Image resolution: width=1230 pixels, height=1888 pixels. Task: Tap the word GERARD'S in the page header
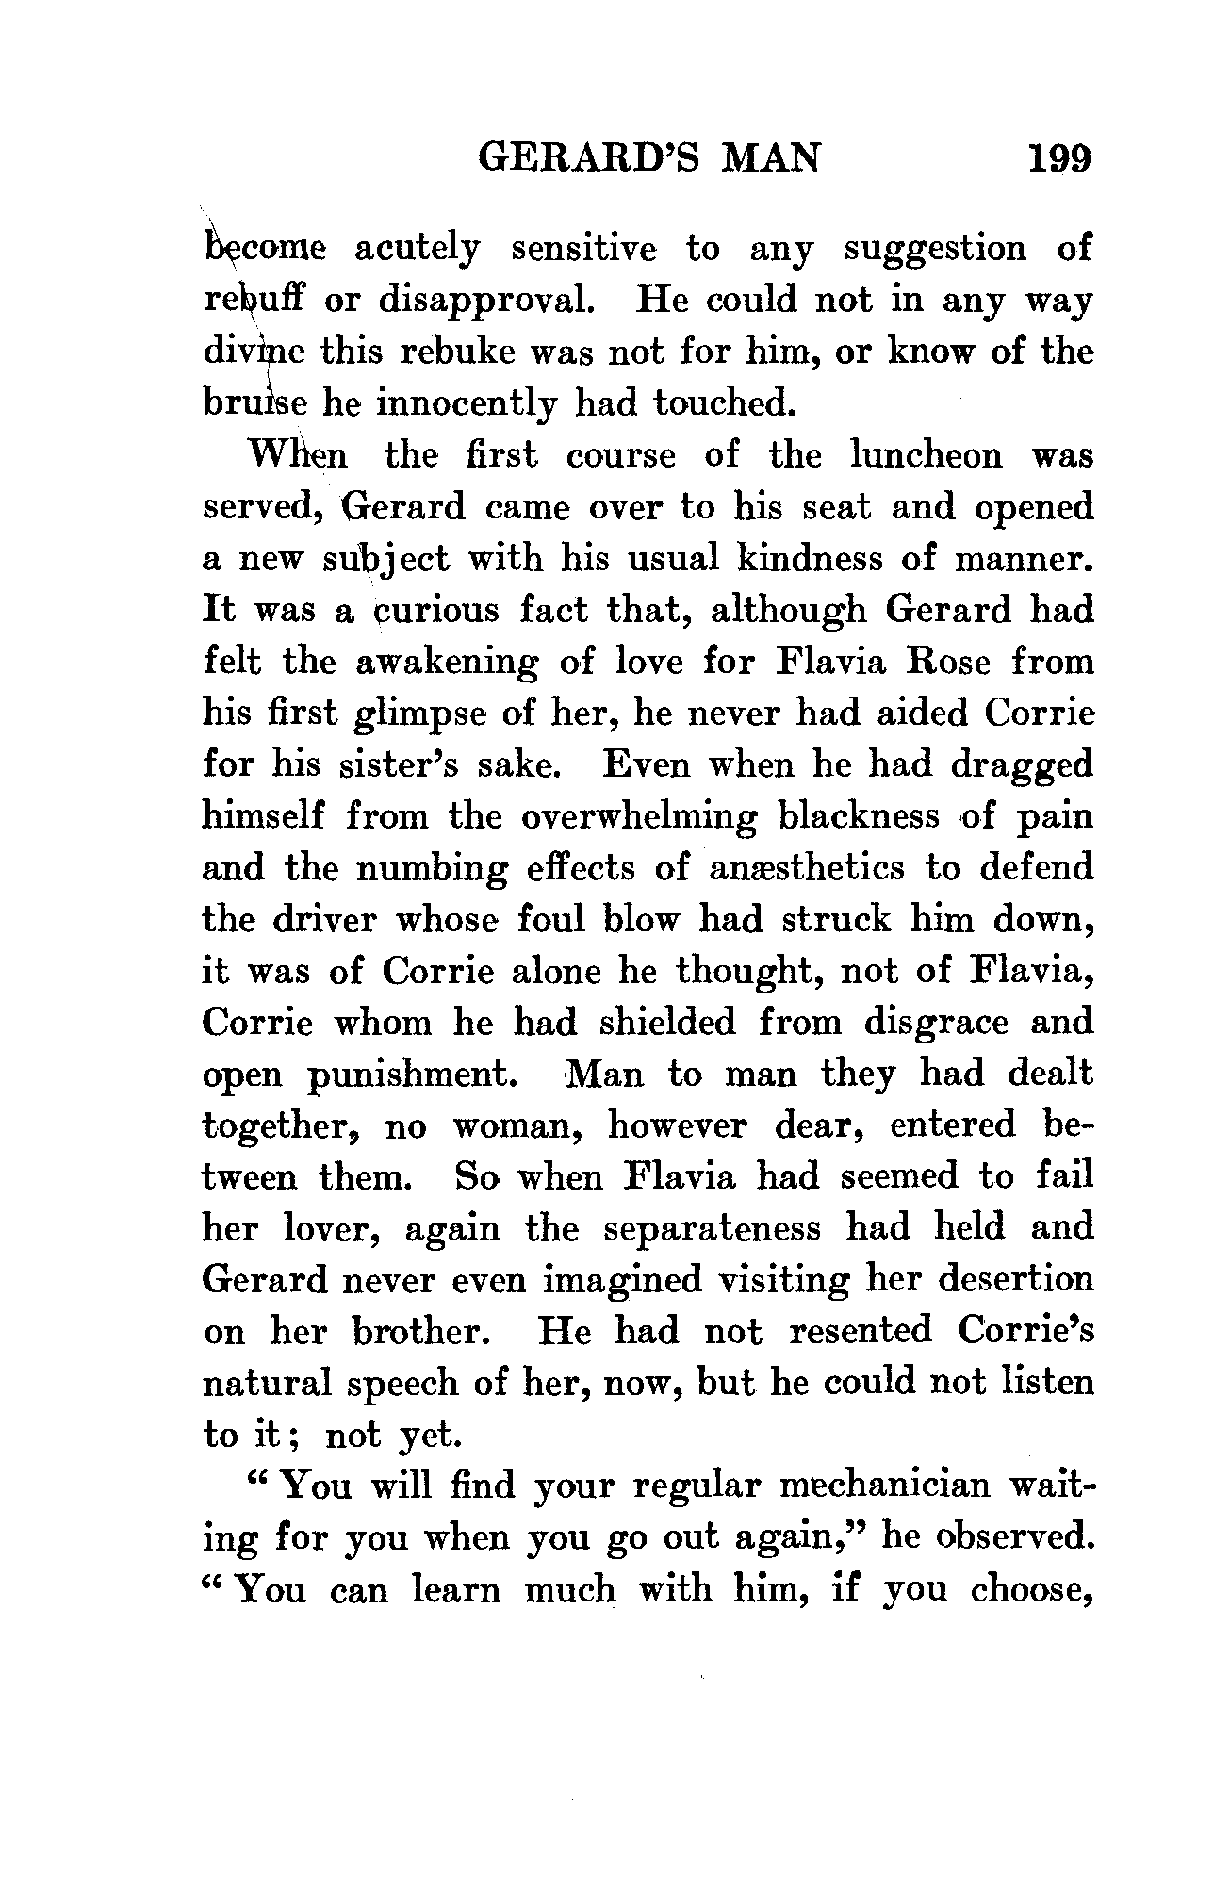585,156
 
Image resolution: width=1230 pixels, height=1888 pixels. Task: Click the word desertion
1010,1280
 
